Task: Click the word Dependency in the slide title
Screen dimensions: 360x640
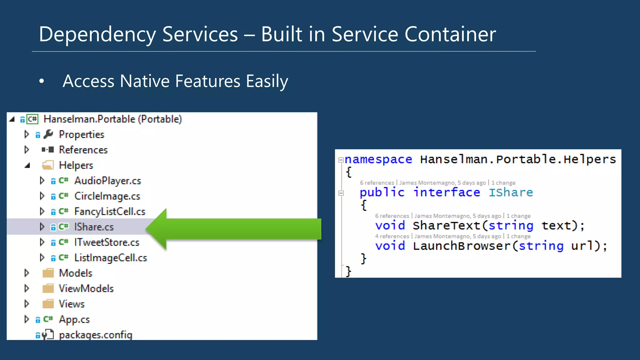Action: click(x=97, y=34)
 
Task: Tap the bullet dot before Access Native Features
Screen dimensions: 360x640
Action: click(x=42, y=82)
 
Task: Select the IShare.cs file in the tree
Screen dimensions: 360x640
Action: click(x=94, y=227)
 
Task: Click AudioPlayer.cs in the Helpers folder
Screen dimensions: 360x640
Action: click(x=107, y=181)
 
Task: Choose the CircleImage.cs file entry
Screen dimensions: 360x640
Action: click(x=107, y=196)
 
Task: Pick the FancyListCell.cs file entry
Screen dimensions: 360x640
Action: click(x=110, y=212)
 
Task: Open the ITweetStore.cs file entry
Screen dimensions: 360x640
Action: click(x=107, y=242)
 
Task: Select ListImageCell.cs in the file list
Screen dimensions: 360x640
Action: click(x=110, y=258)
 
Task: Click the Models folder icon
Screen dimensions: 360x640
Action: click(x=48, y=273)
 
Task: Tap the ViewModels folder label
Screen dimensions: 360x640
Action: click(x=86, y=288)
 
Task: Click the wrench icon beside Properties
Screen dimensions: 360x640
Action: click(x=48, y=134)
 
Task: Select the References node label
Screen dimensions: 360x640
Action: click(x=83, y=150)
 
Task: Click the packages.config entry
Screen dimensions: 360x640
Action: click(x=96, y=335)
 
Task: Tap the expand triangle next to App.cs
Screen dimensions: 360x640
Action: click(x=27, y=319)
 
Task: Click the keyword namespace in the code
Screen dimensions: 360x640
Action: click(x=378, y=159)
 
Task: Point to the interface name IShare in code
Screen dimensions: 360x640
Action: click(x=511, y=192)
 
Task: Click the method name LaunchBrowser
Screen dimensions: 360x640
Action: click(x=461, y=246)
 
